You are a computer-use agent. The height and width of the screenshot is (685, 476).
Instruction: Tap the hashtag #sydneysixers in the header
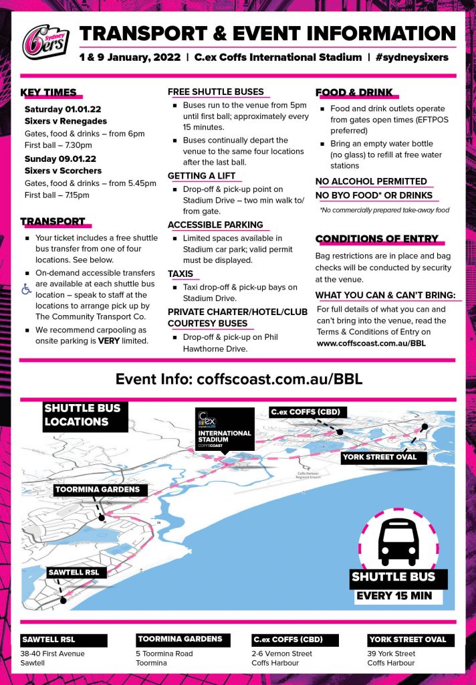point(412,58)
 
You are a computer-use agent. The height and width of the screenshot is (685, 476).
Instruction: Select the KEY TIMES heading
point(48,92)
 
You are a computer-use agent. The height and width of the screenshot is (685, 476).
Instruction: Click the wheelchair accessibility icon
point(27,290)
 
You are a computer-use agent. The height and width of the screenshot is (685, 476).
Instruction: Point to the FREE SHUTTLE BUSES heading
point(215,92)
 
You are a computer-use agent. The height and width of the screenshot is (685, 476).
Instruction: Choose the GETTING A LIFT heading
point(201,176)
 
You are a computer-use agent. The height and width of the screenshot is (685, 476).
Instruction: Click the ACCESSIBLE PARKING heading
point(215,225)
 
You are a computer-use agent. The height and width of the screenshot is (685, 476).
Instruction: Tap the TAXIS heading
point(181,274)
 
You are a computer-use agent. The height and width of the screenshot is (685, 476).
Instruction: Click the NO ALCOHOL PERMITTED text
point(371,181)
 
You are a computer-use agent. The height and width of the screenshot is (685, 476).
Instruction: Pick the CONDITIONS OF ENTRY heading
point(377,239)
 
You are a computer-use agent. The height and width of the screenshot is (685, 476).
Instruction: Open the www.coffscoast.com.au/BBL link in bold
point(371,343)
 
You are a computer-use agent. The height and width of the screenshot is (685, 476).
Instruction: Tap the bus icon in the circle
point(399,541)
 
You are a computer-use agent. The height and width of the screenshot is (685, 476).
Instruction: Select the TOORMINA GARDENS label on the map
point(98,489)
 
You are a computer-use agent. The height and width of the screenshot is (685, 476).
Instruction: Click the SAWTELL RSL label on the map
point(74,572)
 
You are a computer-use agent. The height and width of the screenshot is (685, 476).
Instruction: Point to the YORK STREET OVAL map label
point(379,458)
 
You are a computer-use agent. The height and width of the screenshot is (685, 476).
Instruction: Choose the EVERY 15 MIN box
point(394,596)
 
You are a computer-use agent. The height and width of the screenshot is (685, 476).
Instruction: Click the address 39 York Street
point(391,654)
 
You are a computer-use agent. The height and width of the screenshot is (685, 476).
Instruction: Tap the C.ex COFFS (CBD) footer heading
point(287,639)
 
